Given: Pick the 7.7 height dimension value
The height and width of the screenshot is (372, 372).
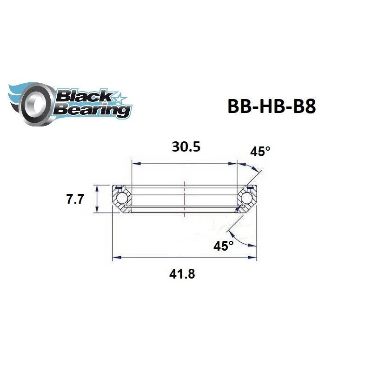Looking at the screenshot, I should pyautogui.click(x=74, y=199).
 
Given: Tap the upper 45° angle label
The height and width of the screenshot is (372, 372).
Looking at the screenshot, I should pyautogui.click(x=260, y=151).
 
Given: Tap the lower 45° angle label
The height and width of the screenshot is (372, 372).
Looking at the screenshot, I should pyautogui.click(x=224, y=246).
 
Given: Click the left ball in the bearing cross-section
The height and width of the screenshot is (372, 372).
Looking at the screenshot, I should pyautogui.click(x=123, y=199).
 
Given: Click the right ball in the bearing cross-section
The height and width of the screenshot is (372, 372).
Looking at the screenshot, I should pyautogui.click(x=247, y=199).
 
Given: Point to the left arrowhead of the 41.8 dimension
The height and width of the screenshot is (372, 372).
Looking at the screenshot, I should pyautogui.click(x=116, y=256).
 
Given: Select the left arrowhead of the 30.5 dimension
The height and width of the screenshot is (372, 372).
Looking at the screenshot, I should pyautogui.click(x=135, y=163).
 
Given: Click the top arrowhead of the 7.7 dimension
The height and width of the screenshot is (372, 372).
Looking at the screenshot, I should pyautogui.click(x=97, y=188).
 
